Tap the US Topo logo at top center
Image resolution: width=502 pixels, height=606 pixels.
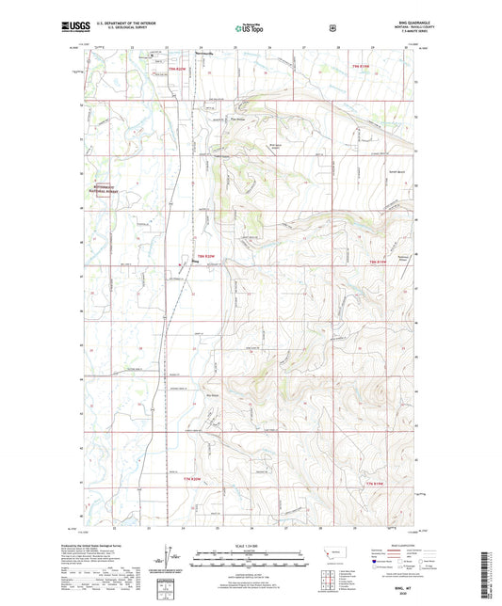point(250,29)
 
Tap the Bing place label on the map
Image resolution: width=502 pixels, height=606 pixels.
point(195,261)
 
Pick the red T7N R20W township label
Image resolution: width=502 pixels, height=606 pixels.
point(193,482)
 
